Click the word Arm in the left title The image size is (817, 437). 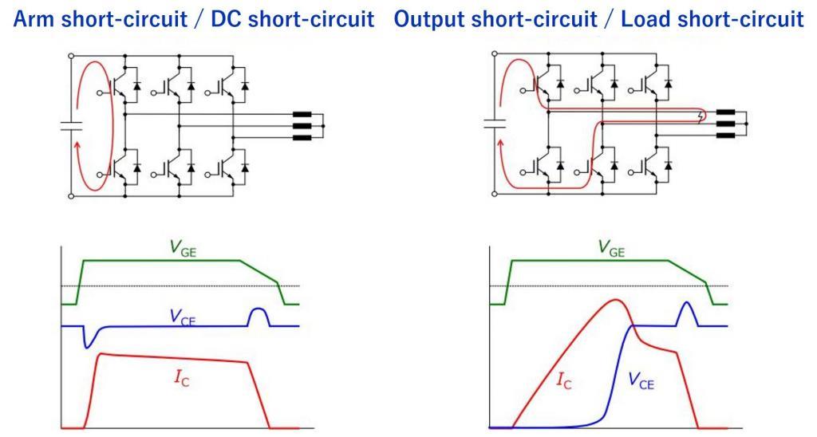[x=34, y=19]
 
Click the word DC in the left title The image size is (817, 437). [x=227, y=19]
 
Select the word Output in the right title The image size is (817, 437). [x=428, y=19]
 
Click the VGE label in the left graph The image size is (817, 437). [x=184, y=247]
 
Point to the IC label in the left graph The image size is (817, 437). [x=181, y=378]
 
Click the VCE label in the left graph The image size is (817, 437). [x=182, y=317]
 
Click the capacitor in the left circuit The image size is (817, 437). [x=71, y=125]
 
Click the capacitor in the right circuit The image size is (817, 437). [x=495, y=124]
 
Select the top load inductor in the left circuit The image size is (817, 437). [x=302, y=115]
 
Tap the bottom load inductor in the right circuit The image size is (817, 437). [x=725, y=136]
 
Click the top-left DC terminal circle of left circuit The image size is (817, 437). [x=71, y=56]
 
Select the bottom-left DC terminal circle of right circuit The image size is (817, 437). [x=494, y=195]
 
